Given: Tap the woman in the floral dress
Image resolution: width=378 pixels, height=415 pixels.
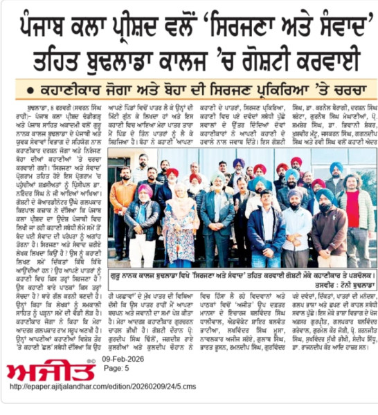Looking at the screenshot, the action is pyautogui.click(x=179, y=228).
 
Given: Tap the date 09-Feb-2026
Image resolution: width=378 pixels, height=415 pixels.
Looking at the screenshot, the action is pyautogui.click(x=121, y=361).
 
